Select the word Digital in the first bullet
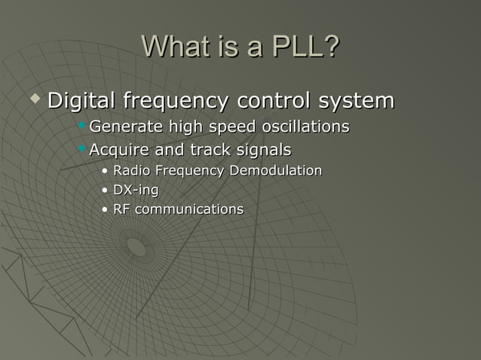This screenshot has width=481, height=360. [81, 100]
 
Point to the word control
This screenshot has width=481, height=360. [273, 100]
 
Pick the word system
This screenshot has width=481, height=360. [355, 100]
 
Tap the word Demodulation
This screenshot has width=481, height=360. [276, 171]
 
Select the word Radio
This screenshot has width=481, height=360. [132, 171]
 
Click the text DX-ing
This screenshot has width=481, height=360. [136, 191]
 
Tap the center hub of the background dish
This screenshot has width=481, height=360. [136, 246]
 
